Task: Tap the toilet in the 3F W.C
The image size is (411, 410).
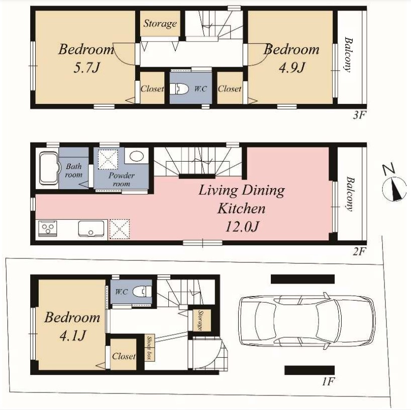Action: pyautogui.click(x=179, y=89)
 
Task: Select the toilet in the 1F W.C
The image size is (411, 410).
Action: pyautogui.click(x=142, y=292)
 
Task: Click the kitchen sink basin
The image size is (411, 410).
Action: pyautogui.click(x=91, y=229)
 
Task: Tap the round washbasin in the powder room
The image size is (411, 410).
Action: pyautogui.click(x=137, y=156)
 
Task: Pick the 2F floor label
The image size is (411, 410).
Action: pyautogui.click(x=359, y=252)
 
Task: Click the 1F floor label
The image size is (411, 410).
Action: pyautogui.click(x=328, y=382)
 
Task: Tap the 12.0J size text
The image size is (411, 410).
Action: pyautogui.click(x=242, y=227)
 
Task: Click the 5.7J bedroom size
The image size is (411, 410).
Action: pyautogui.click(x=86, y=68)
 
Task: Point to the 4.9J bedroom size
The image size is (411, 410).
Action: pyautogui.click(x=292, y=68)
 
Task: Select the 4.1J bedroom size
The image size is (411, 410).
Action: pyautogui.click(x=73, y=335)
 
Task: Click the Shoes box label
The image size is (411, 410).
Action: pyautogui.click(x=149, y=348)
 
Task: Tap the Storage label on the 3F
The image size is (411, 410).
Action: pyautogui.click(x=160, y=24)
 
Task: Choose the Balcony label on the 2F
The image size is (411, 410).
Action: pyautogui.click(x=350, y=194)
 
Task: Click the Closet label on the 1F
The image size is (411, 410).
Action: pyautogui.click(x=124, y=356)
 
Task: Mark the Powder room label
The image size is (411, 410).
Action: pyautogui.click(x=122, y=179)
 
